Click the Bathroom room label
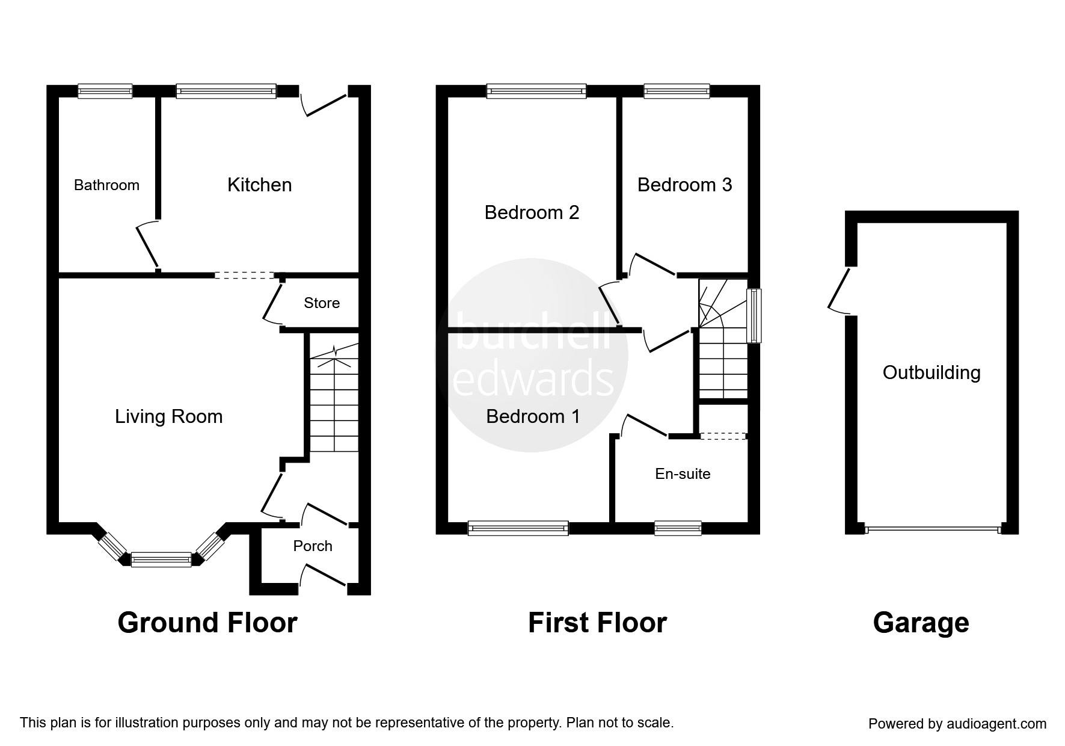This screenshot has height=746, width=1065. pyautogui.click(x=106, y=185)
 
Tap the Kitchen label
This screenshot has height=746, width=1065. pyautogui.click(x=259, y=185)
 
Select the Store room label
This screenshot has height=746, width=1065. pyautogui.click(x=322, y=303)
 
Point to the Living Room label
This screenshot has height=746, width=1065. pyautogui.click(x=168, y=416)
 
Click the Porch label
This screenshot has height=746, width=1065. pyautogui.click(x=313, y=546)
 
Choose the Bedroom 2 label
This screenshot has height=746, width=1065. pyautogui.click(x=532, y=212)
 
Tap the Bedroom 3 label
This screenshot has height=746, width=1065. pyautogui.click(x=684, y=185)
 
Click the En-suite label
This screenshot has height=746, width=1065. pyautogui.click(x=683, y=474)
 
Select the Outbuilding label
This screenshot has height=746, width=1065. pyautogui.click(x=931, y=372)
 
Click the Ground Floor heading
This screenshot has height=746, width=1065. pyautogui.click(x=207, y=623)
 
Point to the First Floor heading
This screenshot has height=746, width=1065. pyautogui.click(x=597, y=623)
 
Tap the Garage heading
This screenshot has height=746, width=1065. pyautogui.click(x=921, y=623)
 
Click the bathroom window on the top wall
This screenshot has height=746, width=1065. pyautogui.click(x=105, y=91)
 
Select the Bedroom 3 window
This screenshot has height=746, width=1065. pyautogui.click(x=677, y=91)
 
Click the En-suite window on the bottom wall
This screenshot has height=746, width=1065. pyautogui.click(x=678, y=528)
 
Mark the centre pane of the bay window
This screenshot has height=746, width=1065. pyautogui.click(x=161, y=559)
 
